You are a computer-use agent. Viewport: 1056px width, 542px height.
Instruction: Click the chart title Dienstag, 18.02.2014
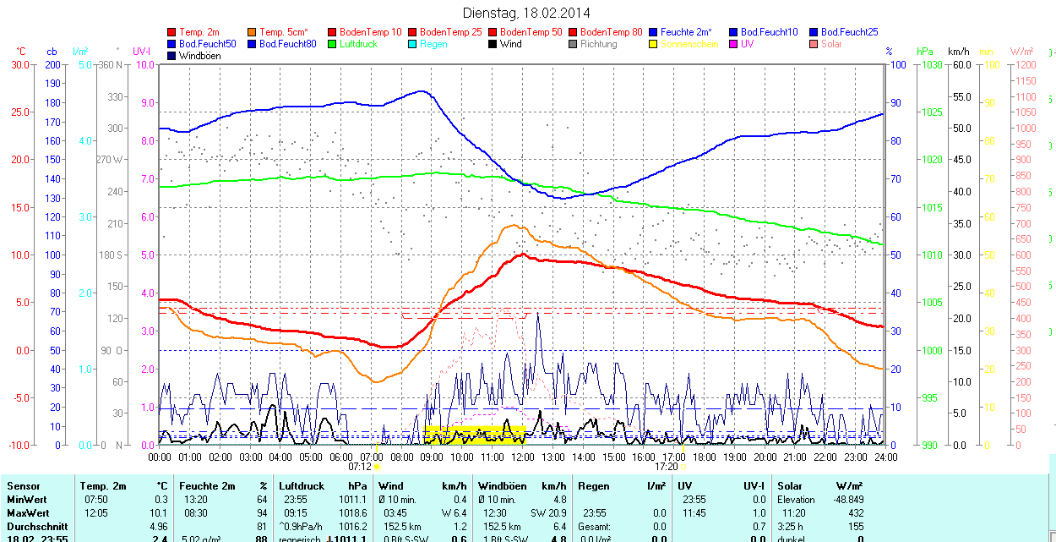(x=527, y=13)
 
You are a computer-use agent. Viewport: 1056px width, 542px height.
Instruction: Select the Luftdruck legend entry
(x=358, y=44)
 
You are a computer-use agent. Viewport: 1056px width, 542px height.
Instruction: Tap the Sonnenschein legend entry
(x=689, y=44)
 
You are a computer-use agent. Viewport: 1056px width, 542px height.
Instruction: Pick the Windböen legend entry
(x=199, y=56)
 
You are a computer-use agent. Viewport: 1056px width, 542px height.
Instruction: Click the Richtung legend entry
(x=598, y=44)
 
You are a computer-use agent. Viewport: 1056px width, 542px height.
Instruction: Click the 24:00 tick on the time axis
(x=885, y=457)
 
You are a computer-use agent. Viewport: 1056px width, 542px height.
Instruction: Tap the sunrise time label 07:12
(x=361, y=466)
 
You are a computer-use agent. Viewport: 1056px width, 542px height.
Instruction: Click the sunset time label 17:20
(x=667, y=466)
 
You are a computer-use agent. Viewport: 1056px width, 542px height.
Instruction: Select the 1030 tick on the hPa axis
(x=931, y=64)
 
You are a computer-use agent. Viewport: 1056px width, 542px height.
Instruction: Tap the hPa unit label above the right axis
(x=925, y=52)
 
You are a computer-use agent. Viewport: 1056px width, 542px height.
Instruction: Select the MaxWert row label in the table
(x=28, y=513)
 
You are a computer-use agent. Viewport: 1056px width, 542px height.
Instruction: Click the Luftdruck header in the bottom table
(x=302, y=486)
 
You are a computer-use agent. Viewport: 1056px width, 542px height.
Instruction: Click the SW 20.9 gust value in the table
(x=547, y=513)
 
